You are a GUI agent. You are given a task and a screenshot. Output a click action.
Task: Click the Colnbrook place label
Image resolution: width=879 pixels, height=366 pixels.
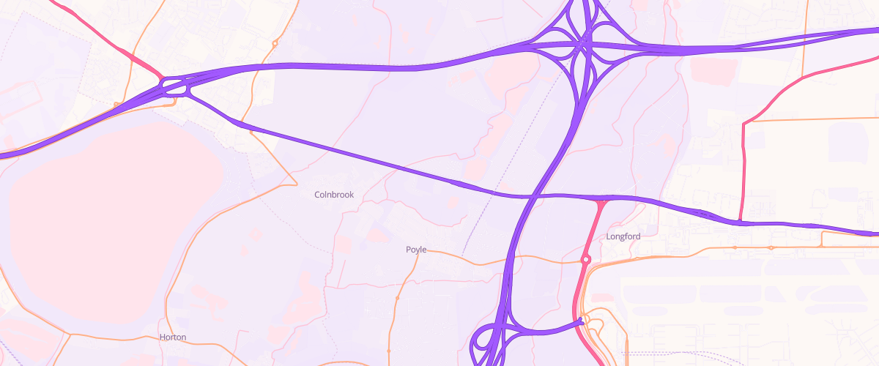click(x=334, y=195)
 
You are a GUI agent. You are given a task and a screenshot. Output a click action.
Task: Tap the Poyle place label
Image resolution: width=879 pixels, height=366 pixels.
click(x=416, y=250)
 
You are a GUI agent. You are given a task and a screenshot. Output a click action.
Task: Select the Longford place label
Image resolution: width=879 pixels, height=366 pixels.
click(x=623, y=236)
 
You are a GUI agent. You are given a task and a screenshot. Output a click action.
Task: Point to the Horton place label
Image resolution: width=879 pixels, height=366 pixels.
click(x=173, y=337)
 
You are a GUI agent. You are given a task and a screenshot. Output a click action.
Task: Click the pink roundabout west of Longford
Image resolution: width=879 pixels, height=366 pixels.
click(x=586, y=259)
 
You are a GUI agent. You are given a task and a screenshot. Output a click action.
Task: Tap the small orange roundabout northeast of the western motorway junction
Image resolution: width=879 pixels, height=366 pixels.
click(x=275, y=44)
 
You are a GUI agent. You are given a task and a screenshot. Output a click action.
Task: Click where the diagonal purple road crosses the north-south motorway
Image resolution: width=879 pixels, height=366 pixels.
click(x=533, y=196)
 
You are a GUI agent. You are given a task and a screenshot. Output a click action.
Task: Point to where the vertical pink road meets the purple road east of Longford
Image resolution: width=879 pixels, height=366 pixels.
click(x=741, y=221)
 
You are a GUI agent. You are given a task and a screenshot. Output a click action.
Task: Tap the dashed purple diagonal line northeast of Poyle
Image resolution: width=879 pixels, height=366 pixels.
click(x=483, y=212)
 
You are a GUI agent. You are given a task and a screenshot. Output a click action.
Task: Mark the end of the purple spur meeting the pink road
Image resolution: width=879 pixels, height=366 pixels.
click(x=580, y=320)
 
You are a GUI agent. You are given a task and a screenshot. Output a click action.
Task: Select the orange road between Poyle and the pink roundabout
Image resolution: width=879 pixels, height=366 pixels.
click(x=498, y=258)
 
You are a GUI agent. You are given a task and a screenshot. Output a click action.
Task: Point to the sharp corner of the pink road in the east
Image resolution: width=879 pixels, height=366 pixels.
click(x=744, y=123)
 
